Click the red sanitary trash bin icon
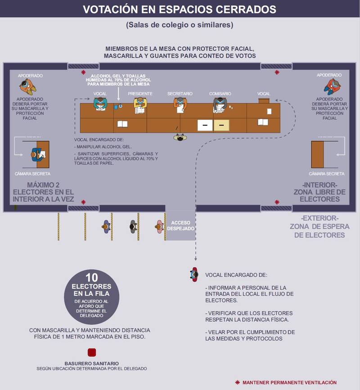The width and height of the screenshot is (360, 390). click(x=92, y=353)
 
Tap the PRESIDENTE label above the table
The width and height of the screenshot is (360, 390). click(x=140, y=94)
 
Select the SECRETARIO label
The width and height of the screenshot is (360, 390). click(x=180, y=94)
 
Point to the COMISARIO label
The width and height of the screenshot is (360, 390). click(x=220, y=94)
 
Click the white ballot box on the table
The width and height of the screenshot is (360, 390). click(x=205, y=125)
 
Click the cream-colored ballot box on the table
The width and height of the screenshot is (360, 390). click(x=221, y=125)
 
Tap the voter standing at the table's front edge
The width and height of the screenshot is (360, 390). click(x=180, y=137)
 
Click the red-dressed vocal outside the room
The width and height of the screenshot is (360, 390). click(x=194, y=275)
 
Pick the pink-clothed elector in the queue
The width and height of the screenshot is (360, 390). click(x=159, y=227)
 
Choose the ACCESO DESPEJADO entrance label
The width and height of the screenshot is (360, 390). click(x=181, y=226)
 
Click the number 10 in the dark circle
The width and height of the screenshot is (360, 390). click(x=91, y=277)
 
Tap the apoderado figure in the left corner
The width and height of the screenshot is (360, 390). click(x=28, y=87)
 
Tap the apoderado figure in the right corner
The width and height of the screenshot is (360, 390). click(x=332, y=86)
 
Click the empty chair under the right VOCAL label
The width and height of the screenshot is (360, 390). click(x=264, y=101)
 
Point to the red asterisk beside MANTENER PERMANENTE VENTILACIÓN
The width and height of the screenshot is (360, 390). click(x=238, y=382)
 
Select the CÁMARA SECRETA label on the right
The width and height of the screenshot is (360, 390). click(x=326, y=174)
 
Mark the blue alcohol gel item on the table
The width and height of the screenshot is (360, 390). click(x=116, y=107)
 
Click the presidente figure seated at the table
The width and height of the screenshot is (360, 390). click(x=140, y=105)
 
